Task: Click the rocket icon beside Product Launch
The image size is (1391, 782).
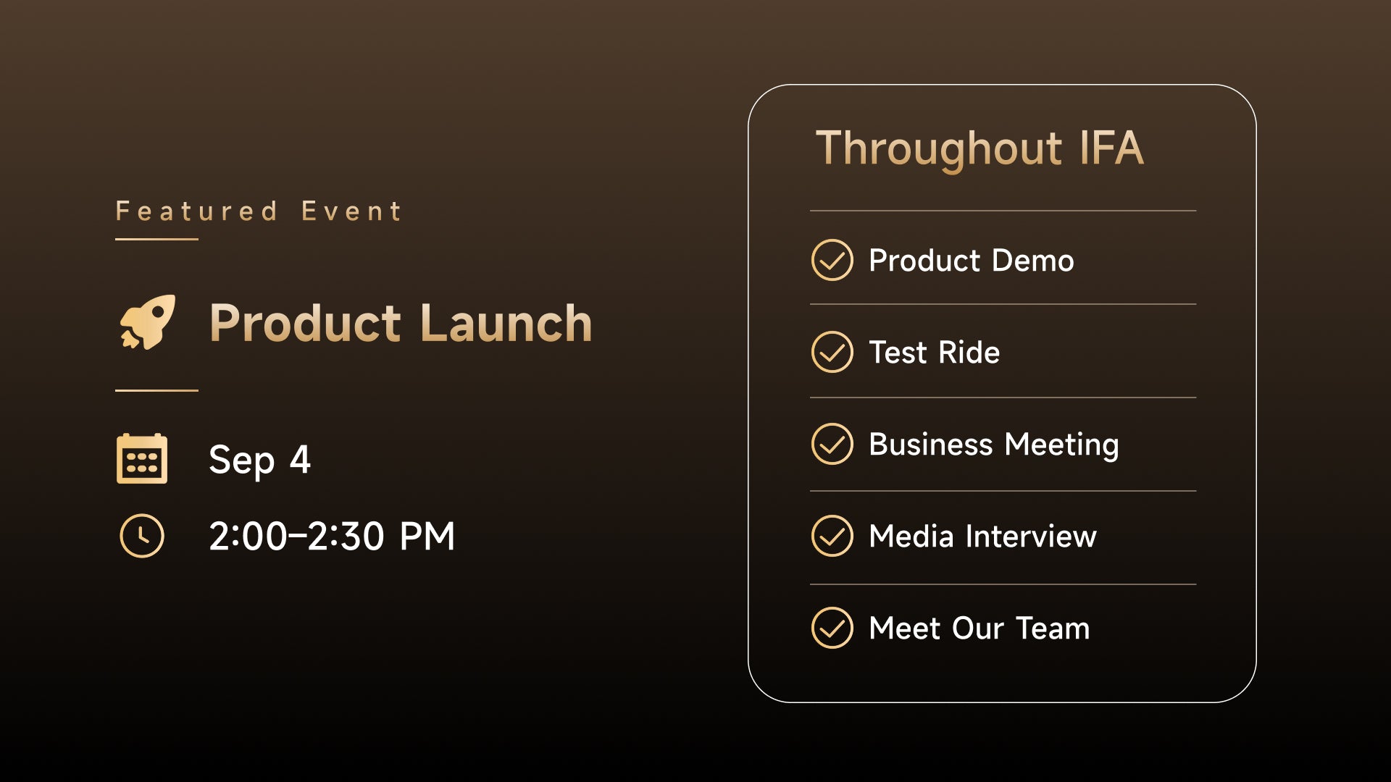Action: (148, 321)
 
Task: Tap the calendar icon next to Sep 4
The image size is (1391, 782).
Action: (142, 458)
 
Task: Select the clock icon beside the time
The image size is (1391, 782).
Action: (142, 536)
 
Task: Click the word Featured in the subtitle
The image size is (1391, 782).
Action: (196, 211)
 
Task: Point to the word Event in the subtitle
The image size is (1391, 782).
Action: (351, 211)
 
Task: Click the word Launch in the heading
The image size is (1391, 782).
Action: (506, 323)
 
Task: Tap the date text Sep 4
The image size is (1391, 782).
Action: (259, 460)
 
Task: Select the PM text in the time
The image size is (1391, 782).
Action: (427, 537)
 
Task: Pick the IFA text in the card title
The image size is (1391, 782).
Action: (1111, 148)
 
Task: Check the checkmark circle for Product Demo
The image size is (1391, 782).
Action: (832, 260)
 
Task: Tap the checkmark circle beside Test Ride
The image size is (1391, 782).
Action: (832, 352)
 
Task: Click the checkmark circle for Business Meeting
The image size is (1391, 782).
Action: (832, 444)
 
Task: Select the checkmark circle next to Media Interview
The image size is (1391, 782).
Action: (832, 536)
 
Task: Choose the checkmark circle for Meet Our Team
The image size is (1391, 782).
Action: (832, 628)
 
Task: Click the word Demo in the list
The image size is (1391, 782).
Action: (1032, 261)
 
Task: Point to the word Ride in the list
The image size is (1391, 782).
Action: (969, 353)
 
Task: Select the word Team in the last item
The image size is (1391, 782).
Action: (1053, 628)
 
